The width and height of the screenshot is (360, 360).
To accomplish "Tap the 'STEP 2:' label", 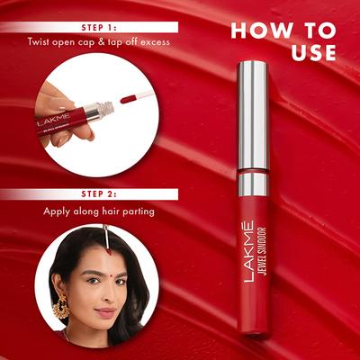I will [97, 193].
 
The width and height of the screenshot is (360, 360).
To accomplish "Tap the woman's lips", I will [106, 313].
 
